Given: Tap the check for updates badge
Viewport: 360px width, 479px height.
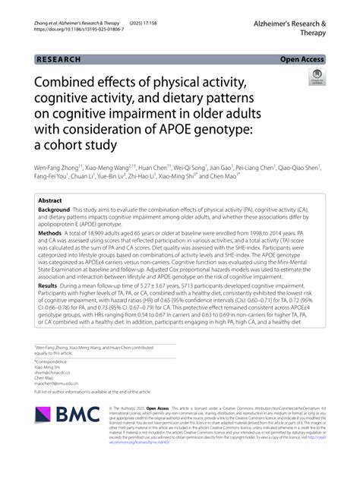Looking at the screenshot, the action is tap(315, 77).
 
